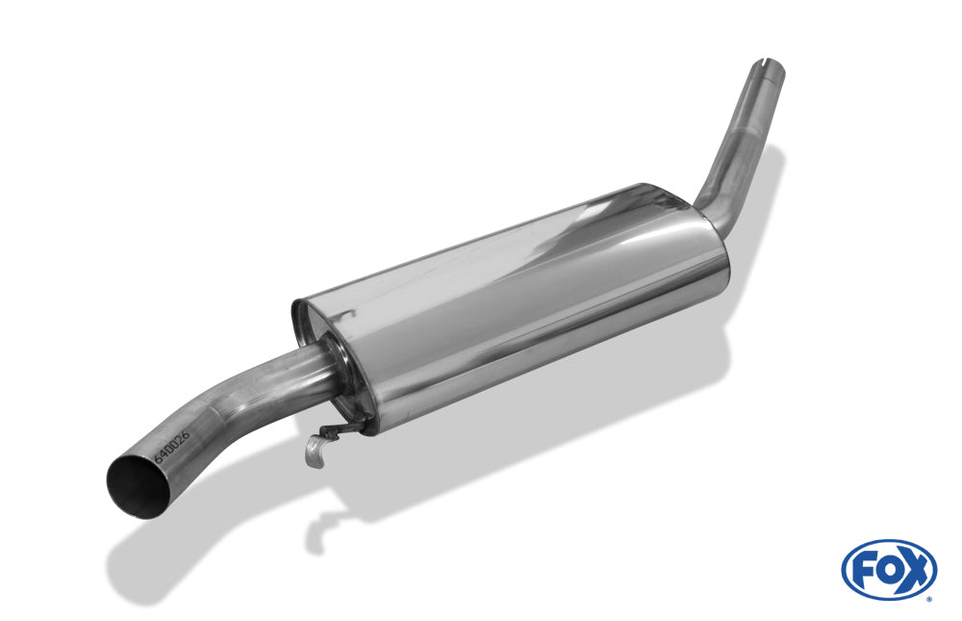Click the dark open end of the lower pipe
click(x=137, y=487)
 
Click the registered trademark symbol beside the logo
click(x=929, y=598)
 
